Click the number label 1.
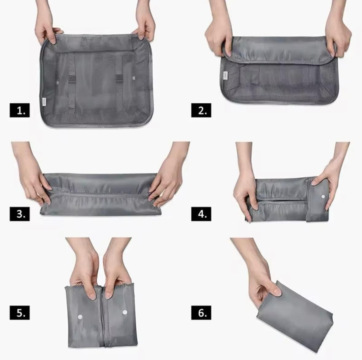coord(20,110)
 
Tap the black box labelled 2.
coord(201,110)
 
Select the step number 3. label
coord(20,214)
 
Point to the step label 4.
coord(201,214)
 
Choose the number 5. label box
coord(20,313)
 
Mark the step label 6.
coord(201,313)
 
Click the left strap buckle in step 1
coord(72,79)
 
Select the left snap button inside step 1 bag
coord(57,83)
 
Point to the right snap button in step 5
coord(125,312)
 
